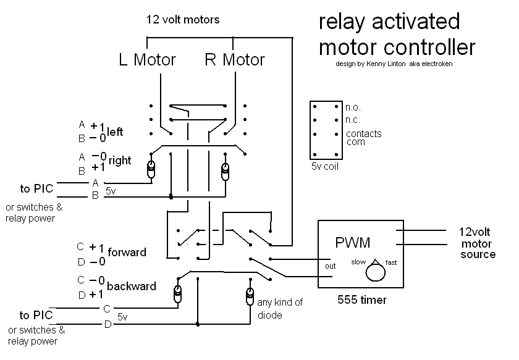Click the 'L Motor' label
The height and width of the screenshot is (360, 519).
(147, 60)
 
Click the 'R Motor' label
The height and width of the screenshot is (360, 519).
(235, 60)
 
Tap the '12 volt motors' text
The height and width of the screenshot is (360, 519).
(182, 20)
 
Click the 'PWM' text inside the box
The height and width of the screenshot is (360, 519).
(353, 241)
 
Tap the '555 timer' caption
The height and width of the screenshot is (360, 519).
(361, 301)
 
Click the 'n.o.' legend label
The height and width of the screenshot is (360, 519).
(354, 107)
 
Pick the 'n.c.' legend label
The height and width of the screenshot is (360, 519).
(353, 120)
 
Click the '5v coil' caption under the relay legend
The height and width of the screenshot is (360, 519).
(325, 167)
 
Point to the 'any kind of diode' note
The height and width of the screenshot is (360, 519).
(279, 309)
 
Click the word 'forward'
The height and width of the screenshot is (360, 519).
(127, 252)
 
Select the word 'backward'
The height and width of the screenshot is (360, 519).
(131, 287)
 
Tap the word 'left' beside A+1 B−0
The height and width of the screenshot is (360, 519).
(116, 132)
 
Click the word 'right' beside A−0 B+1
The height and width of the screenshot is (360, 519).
(120, 161)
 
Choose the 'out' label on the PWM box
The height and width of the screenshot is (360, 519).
(330, 267)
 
